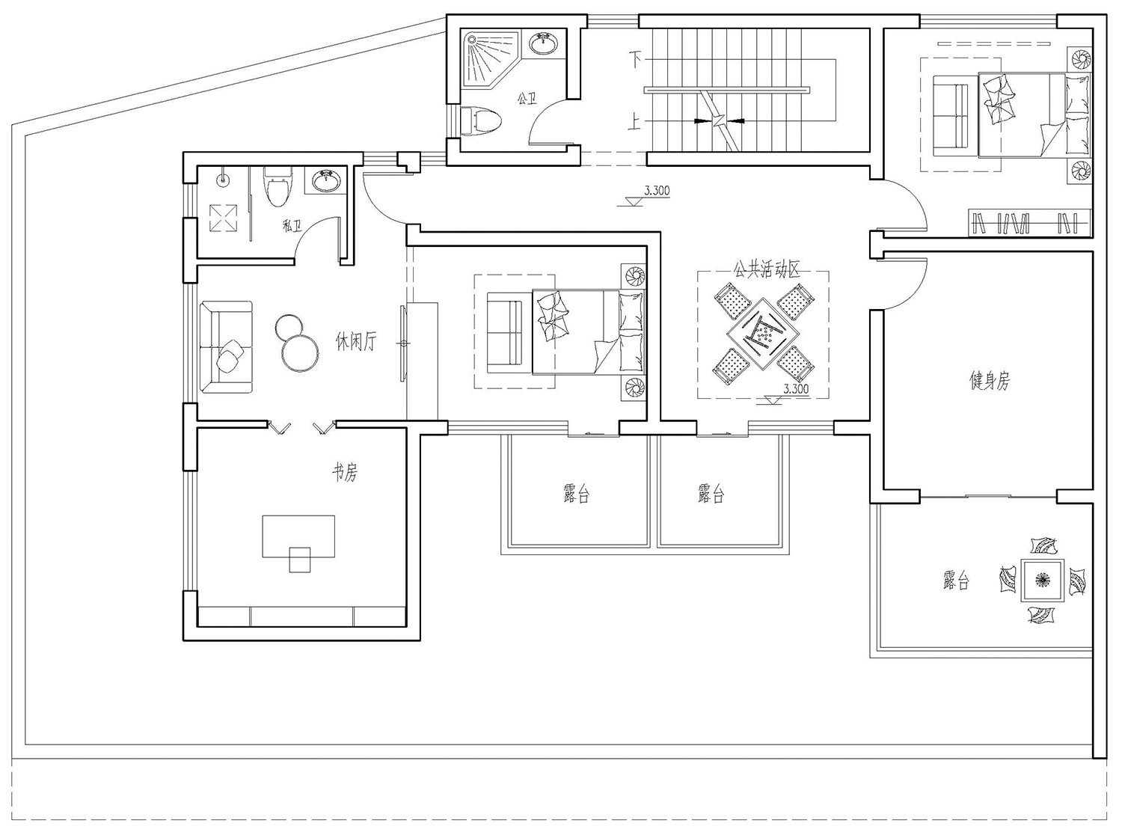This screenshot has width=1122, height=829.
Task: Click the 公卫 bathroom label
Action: tap(527, 98)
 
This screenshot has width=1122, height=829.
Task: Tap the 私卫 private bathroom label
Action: tap(292, 225)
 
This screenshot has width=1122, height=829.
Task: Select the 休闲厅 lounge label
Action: tap(355, 342)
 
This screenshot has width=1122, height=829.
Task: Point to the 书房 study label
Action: tap(345, 473)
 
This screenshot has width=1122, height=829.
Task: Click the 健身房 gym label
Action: tap(990, 380)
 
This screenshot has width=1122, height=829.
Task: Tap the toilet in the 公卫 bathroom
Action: tap(480, 121)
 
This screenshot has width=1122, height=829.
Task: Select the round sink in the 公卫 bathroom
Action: tap(544, 42)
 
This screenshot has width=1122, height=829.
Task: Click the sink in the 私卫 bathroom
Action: tap(325, 180)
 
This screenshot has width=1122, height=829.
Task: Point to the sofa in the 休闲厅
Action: tap(226, 347)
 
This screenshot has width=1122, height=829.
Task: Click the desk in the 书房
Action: tap(298, 536)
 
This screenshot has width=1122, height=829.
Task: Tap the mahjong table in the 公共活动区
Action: tap(763, 334)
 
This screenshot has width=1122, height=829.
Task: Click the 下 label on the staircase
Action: tap(635, 59)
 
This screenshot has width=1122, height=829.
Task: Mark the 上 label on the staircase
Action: tap(634, 121)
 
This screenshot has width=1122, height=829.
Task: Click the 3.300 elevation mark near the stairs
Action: tap(657, 190)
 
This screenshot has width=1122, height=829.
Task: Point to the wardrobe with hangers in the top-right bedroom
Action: tap(1028, 222)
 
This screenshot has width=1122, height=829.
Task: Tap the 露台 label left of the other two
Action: tap(576, 494)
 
